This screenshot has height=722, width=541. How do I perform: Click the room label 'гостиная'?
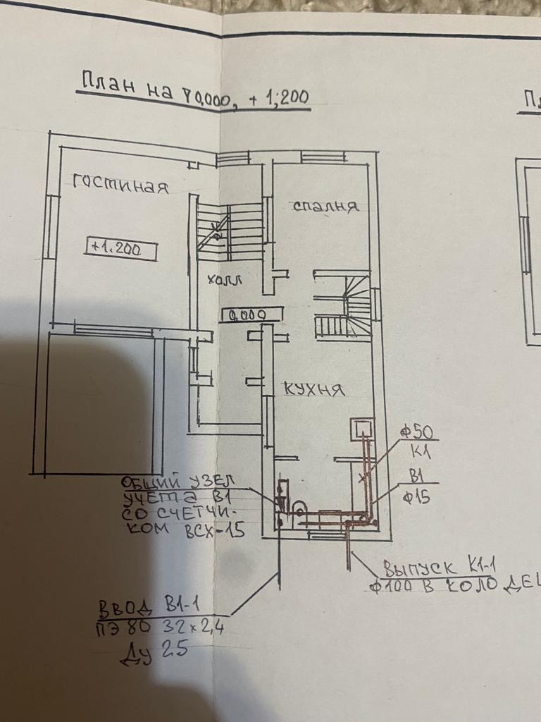coord(121,186)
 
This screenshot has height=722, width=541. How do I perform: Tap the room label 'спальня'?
coord(325,207)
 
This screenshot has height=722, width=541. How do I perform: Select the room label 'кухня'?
coord(315,388)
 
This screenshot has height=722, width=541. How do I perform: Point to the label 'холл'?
coord(225,280)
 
